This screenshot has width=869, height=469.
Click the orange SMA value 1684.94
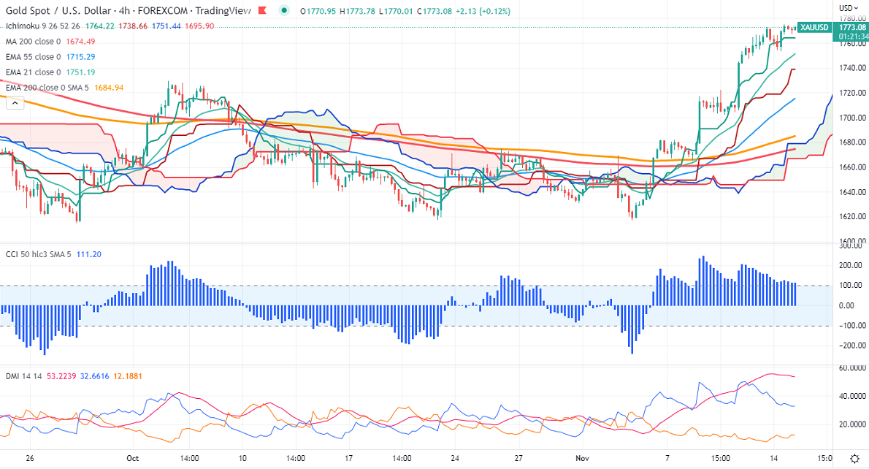[x=109, y=88]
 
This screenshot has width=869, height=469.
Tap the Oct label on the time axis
[x=132, y=459]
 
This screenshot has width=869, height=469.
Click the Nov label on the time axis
[x=582, y=459]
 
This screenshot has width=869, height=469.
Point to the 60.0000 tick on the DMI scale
[x=850, y=369]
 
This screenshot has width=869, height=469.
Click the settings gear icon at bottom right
[x=855, y=458]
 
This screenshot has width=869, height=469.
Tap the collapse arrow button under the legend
[x=13, y=103]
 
